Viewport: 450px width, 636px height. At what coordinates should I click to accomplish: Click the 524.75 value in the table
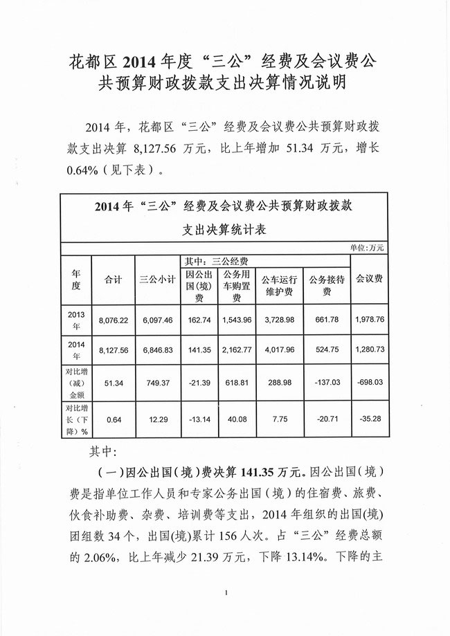point(327,350)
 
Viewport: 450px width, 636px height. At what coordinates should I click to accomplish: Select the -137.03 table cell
point(327,384)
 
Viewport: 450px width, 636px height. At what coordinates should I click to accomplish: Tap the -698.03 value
point(374,384)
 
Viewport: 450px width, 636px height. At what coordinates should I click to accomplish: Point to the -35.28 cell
point(374,419)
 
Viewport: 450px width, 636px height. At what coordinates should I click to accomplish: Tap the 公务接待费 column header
point(327,286)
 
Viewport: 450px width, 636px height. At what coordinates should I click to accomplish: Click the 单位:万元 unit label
point(369,247)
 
